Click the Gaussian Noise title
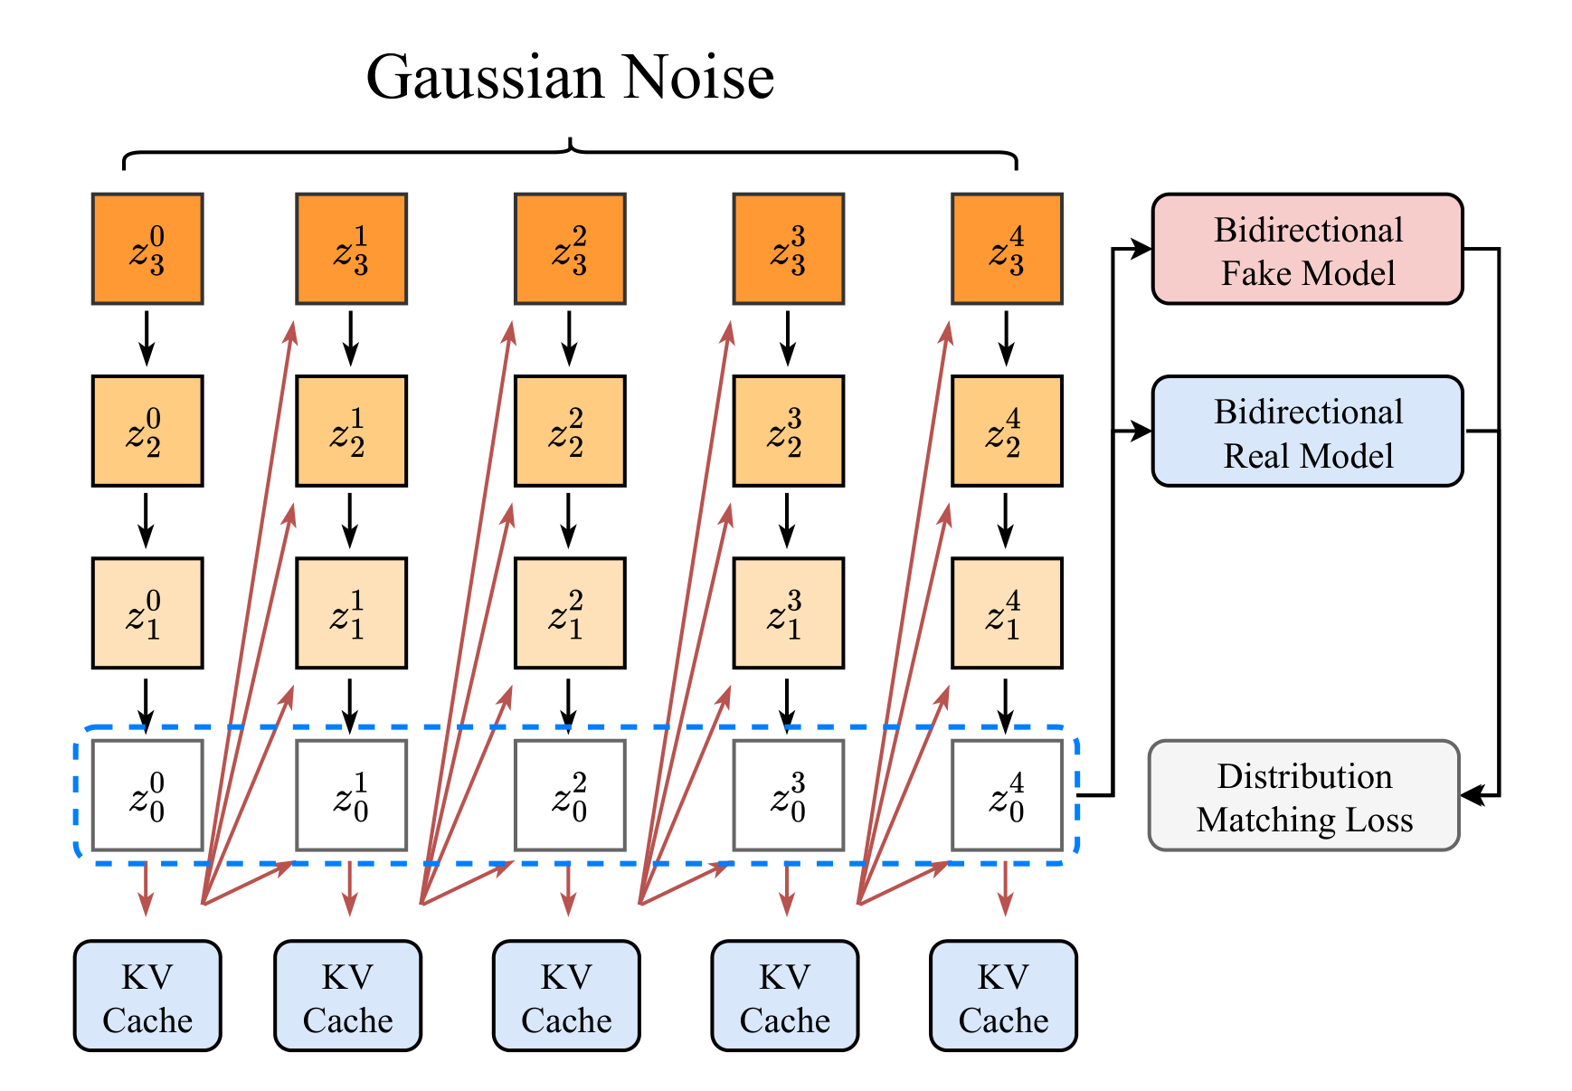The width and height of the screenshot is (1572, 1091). coord(570,78)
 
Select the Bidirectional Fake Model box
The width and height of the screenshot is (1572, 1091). coord(1307,249)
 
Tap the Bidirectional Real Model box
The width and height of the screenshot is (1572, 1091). coord(1307,432)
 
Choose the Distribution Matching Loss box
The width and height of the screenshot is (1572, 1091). coord(1304,795)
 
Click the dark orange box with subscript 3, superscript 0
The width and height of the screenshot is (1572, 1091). coord(147,249)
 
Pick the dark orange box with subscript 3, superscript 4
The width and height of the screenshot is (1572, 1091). coord(1007,249)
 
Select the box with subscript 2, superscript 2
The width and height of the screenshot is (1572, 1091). coord(570,432)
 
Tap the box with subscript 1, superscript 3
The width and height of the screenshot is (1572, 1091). coord(788,613)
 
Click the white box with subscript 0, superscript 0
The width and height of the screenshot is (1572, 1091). coord(147,795)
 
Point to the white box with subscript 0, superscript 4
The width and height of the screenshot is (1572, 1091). coord(1007,795)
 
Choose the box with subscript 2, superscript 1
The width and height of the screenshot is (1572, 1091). coord(351,432)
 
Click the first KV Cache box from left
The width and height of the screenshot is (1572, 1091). coord(147,996)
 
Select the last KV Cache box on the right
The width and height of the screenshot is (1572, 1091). coord(1003,996)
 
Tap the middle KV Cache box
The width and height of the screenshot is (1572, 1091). coord(566,996)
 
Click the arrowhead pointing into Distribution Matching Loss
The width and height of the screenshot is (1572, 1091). coord(1473,795)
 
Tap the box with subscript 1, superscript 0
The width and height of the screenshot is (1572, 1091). coord(147,613)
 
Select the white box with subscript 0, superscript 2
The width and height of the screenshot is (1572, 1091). coord(570,795)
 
